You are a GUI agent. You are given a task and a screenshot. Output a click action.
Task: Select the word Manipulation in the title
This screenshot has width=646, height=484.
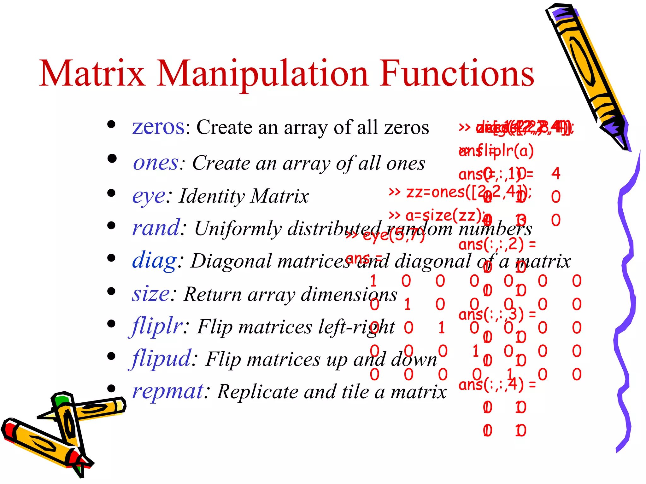(x=262, y=74)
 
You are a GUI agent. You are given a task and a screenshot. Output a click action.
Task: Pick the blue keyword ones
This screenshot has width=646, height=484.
(x=156, y=163)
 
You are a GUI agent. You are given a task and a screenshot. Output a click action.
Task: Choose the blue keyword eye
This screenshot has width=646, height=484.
(x=148, y=196)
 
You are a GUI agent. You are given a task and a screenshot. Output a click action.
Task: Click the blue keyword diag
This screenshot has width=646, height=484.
(x=154, y=261)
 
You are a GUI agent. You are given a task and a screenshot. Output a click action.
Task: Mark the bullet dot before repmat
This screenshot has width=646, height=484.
(x=111, y=388)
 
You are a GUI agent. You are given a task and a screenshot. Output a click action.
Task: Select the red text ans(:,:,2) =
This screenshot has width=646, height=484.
(x=497, y=244)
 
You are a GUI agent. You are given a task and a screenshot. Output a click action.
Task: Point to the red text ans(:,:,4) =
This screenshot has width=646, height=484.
(x=497, y=385)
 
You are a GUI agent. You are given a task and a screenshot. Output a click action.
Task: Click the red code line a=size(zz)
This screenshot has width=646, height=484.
(x=435, y=216)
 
